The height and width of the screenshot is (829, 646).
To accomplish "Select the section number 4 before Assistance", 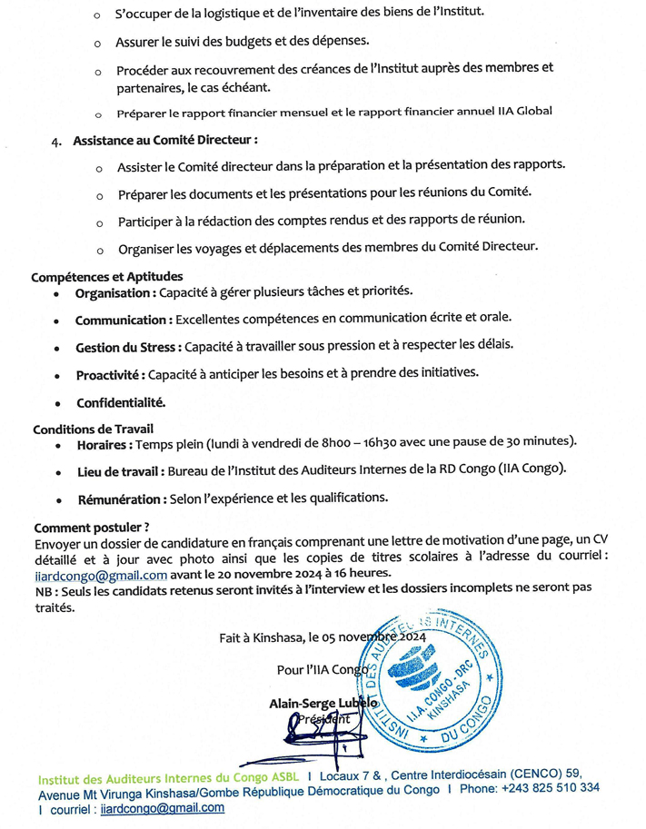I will (x=55, y=143).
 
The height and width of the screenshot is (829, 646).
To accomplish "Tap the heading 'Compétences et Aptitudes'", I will (x=107, y=276).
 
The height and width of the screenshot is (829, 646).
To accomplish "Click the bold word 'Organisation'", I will (x=114, y=293).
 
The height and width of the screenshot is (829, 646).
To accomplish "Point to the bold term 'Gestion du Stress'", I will (x=127, y=347).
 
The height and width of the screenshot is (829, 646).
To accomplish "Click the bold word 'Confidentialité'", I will (x=121, y=401).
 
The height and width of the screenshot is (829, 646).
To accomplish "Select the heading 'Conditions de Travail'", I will (x=94, y=428).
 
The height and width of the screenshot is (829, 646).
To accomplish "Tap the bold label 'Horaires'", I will (x=104, y=445).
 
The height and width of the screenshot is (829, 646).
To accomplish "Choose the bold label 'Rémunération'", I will (x=119, y=498).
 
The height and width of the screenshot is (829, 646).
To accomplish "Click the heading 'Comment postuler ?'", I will (x=91, y=528).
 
